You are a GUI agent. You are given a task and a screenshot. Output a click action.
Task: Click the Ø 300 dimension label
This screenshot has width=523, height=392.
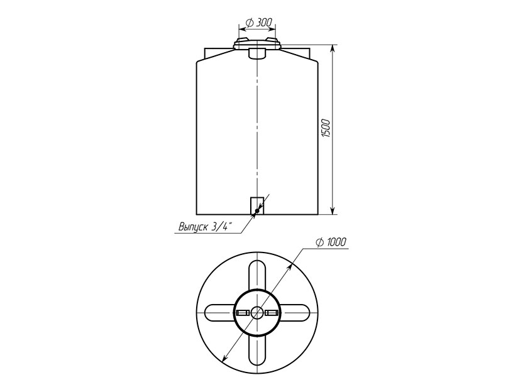pyautogui.click(x=258, y=23)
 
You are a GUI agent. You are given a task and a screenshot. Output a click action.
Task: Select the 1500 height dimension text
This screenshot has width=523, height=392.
pyautogui.click(x=326, y=128)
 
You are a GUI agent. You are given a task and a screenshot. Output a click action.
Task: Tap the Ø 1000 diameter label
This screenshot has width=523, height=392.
pyautogui.click(x=331, y=242)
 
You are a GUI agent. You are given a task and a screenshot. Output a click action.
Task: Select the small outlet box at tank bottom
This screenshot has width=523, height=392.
pyautogui.click(x=257, y=205)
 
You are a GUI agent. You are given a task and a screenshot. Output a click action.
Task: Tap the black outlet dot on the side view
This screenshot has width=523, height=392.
pyautogui.click(x=257, y=211)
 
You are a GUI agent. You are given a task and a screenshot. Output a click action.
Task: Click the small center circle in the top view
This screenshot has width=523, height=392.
pyautogui.click(x=257, y=313)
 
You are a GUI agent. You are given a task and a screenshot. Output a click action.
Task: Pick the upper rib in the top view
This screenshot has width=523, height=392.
pyautogui.click(x=257, y=275)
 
